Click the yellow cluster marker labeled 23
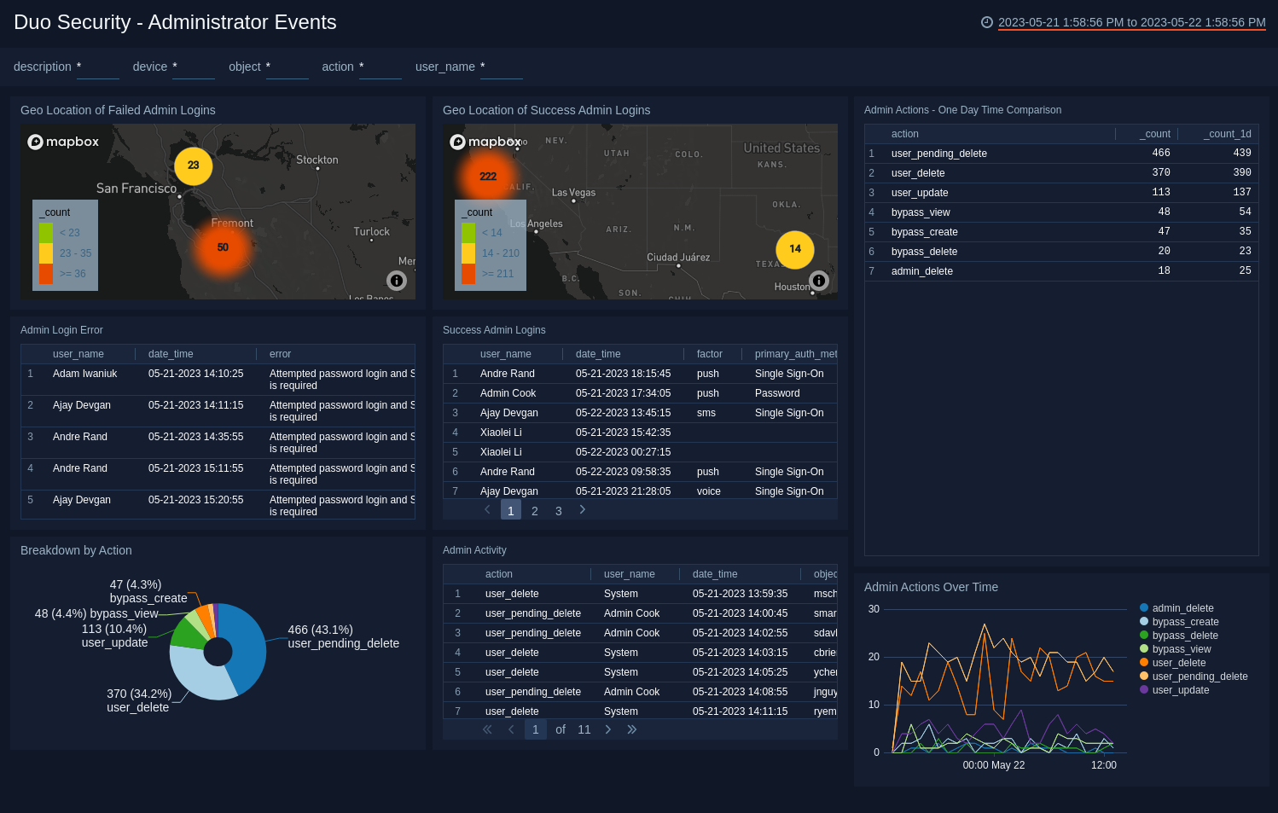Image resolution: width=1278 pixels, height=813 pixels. tap(194, 166)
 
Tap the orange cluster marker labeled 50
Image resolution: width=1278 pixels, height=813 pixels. tap(223, 247)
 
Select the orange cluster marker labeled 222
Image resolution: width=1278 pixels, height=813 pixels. tap(488, 177)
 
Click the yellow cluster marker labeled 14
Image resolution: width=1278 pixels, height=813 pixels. tap(795, 249)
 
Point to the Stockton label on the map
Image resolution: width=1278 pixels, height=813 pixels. tap(317, 160)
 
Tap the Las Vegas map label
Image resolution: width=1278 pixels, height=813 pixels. tap(573, 193)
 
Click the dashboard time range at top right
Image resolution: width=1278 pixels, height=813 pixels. tap(1131, 23)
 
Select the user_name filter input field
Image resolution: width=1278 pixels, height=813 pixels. tap(502, 67)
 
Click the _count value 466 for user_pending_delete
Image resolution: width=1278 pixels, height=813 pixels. tap(1161, 154)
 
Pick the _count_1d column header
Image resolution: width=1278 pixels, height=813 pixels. tap(1229, 134)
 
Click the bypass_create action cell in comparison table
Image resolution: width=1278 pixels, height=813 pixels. tap(924, 232)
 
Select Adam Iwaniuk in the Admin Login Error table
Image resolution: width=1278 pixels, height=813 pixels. tap(84, 374)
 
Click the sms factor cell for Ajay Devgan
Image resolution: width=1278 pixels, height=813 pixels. tap(706, 413)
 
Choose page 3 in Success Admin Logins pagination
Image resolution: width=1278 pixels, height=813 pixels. tap(559, 511)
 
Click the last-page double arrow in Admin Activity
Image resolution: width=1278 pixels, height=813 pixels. tap(632, 729)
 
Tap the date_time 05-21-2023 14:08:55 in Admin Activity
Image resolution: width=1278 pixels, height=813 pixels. tap(740, 692)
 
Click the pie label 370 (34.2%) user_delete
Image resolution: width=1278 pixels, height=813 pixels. tap(139, 700)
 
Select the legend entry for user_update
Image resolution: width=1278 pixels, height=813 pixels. tap(1180, 690)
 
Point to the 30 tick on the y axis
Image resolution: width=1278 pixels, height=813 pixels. tap(874, 609)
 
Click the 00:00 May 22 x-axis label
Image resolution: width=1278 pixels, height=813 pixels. tap(994, 765)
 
